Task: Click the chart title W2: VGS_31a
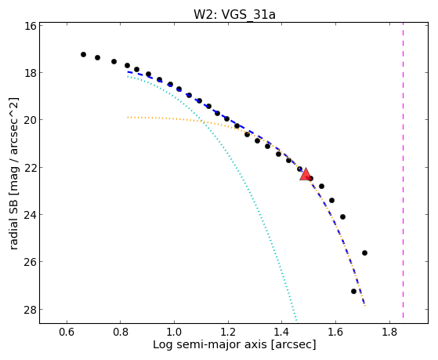234,14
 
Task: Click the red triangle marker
306,174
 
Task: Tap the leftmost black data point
83,55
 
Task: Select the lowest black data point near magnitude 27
353,291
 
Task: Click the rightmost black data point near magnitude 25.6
364,253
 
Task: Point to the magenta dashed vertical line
403,170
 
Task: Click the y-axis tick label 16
30,26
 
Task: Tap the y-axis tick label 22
30,168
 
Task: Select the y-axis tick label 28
30,309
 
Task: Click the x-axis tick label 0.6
67,332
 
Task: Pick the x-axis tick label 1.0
174,332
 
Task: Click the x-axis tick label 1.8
389,332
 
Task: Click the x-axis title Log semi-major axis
210,345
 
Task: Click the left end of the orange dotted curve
128,118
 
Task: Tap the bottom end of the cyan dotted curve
296,321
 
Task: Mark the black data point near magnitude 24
342,216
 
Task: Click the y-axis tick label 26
30,262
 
